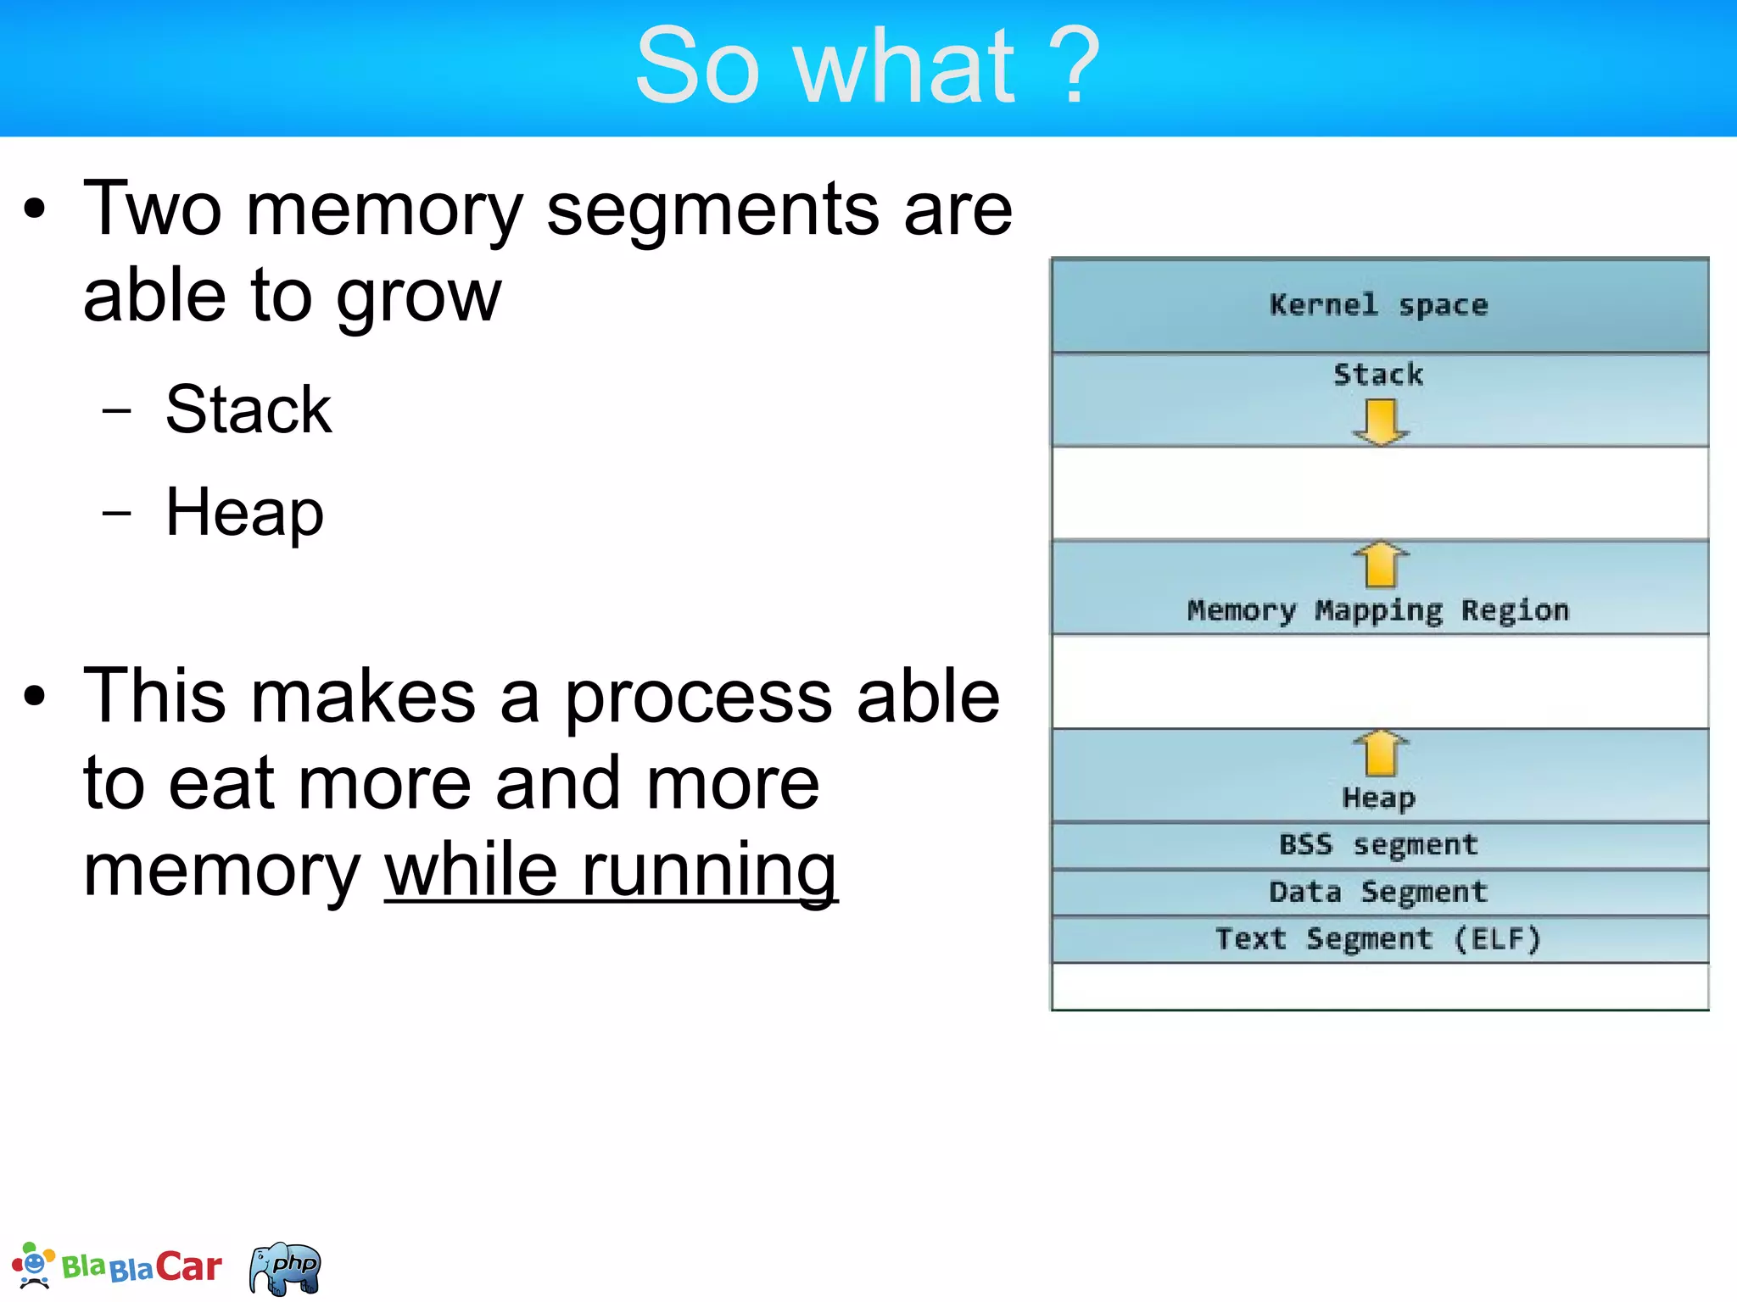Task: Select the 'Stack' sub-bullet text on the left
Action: [249, 409]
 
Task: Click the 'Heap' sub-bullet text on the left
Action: [244, 513]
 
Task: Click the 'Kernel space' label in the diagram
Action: [1378, 305]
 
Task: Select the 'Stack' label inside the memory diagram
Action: [1378, 375]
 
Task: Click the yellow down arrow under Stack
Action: [1380, 421]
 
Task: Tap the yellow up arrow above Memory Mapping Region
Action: [1380, 564]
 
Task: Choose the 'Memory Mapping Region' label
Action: [1378, 610]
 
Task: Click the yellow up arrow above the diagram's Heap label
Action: [1380, 753]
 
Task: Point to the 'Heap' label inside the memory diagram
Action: [1378, 798]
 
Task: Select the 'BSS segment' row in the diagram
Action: [1378, 845]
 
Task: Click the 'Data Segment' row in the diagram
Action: [1378, 893]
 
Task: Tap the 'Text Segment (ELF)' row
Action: [1378, 939]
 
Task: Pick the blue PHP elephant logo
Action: [286, 1268]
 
